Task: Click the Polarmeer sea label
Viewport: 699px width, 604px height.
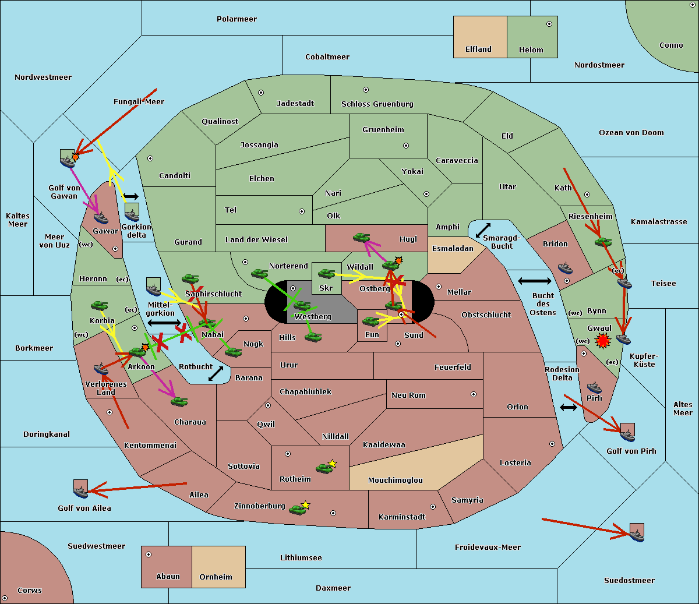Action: pyautogui.click(x=236, y=19)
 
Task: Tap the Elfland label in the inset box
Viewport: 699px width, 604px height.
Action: pyautogui.click(x=478, y=50)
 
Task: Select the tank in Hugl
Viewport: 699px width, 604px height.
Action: pyautogui.click(x=361, y=238)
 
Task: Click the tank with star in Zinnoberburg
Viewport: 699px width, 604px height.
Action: pyautogui.click(x=299, y=508)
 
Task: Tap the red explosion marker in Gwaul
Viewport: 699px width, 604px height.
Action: pyautogui.click(x=602, y=341)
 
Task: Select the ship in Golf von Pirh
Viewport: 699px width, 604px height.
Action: pyautogui.click(x=627, y=436)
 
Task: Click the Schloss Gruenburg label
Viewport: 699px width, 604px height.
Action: pyautogui.click(x=377, y=104)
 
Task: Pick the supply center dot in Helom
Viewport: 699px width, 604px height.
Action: pyautogui.click(x=549, y=24)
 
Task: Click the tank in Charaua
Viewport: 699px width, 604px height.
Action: pyautogui.click(x=179, y=402)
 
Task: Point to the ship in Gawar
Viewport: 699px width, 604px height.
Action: pyautogui.click(x=101, y=218)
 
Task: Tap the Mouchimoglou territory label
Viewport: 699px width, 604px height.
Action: pyautogui.click(x=395, y=480)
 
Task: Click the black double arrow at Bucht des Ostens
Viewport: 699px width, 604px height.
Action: pyautogui.click(x=534, y=281)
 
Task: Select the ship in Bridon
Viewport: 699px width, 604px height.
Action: pyautogui.click(x=565, y=268)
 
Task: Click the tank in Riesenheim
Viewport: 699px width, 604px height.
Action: pyautogui.click(x=603, y=242)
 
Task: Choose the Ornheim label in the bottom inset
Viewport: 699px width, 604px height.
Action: pyautogui.click(x=216, y=577)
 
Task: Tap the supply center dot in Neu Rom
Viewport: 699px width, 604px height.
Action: pyautogui.click(x=474, y=394)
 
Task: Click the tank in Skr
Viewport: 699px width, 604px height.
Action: pyautogui.click(x=326, y=273)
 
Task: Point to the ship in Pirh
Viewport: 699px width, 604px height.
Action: pyautogui.click(x=594, y=387)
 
